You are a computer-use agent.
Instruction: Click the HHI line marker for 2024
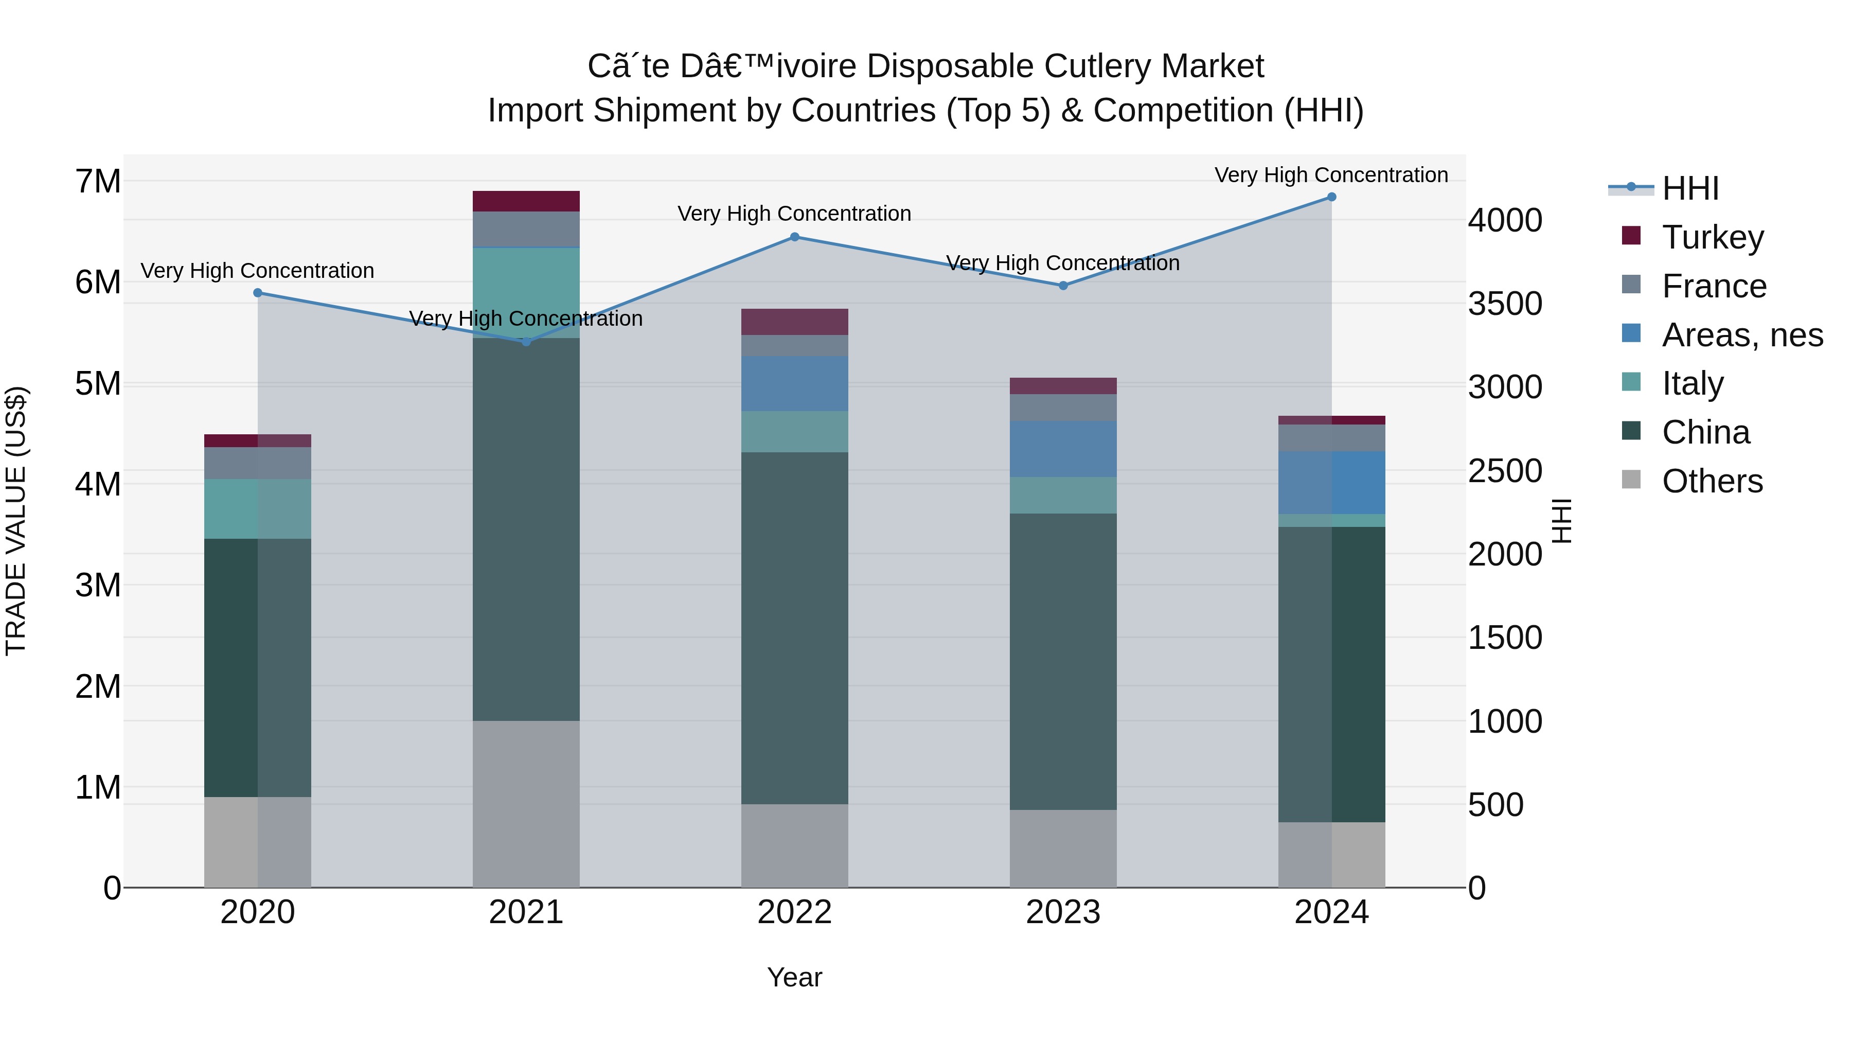[1331, 197]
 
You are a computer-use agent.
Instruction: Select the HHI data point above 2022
[794, 237]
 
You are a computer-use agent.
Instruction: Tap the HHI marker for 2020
[257, 293]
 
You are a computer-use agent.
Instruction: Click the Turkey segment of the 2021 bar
[526, 201]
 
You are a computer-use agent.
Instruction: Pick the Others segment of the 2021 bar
[526, 804]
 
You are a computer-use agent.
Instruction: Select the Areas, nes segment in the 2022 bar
[794, 383]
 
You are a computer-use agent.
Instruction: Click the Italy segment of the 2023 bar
[1063, 494]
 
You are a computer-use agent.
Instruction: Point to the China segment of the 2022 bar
[794, 628]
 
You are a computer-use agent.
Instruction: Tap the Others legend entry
[1712, 481]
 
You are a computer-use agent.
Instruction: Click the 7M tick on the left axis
[98, 181]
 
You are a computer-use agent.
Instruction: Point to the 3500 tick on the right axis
[1505, 304]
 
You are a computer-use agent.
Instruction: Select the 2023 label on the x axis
[1063, 912]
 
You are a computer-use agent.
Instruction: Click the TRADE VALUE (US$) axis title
[16, 521]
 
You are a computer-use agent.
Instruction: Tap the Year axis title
[794, 977]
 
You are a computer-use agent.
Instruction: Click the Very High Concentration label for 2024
[1331, 175]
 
